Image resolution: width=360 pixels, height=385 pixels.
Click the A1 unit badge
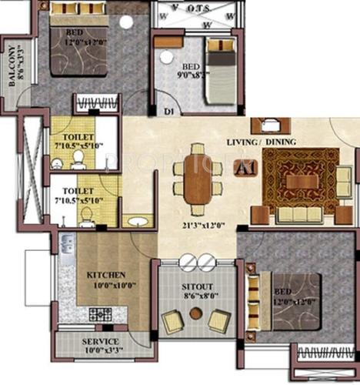coord(245,167)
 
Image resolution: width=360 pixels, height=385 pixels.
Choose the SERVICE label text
coord(100,341)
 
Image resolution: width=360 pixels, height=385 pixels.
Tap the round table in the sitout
coord(195,314)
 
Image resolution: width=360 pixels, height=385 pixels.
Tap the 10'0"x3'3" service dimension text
coord(100,351)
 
